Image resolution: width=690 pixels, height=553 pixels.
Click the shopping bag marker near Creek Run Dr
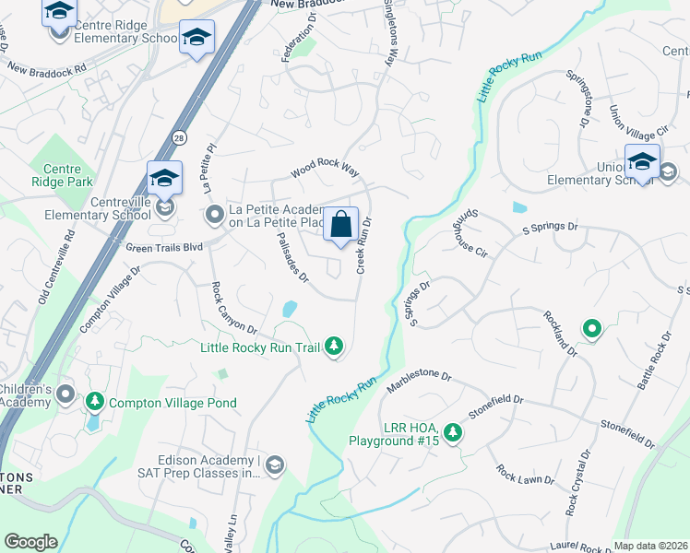[340, 224]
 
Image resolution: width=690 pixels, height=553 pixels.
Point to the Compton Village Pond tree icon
[95, 403]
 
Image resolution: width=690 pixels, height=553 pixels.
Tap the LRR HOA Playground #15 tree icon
[451, 432]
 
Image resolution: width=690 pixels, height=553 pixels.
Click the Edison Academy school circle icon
[274, 466]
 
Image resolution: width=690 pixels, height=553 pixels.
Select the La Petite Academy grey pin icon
[215, 216]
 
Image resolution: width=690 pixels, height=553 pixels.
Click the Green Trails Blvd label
[163, 247]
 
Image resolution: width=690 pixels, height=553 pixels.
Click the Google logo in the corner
[30, 542]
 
